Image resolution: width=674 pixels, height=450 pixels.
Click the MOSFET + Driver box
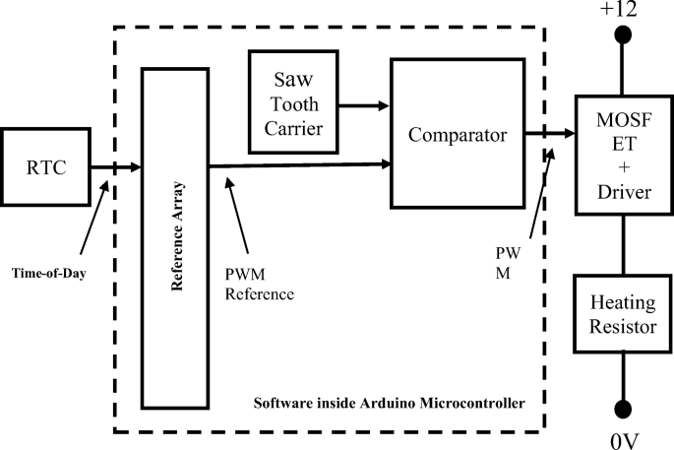[x=623, y=155]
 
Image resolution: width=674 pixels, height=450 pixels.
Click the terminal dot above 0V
[x=622, y=409]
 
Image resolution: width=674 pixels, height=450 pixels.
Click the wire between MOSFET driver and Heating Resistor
[x=622, y=245]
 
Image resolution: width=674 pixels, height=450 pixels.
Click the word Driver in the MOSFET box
[x=623, y=193]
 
